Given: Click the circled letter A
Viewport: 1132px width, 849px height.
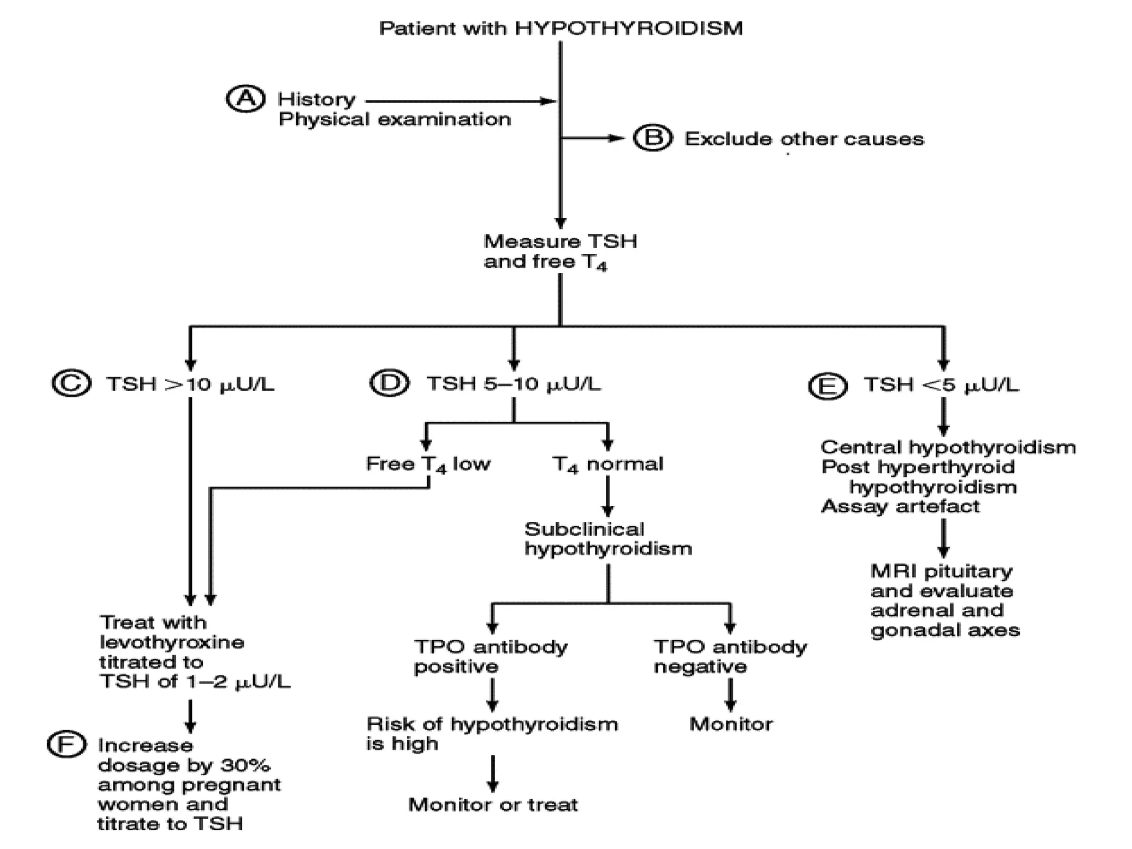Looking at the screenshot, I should (x=245, y=99).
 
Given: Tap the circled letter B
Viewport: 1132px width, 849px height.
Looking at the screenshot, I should (x=653, y=138).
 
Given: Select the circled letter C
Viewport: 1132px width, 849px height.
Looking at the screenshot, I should (x=71, y=384).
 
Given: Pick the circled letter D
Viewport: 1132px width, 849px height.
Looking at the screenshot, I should (x=390, y=383).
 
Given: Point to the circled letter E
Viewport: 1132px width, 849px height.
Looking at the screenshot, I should (x=827, y=386).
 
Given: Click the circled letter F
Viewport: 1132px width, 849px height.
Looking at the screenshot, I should (x=67, y=745).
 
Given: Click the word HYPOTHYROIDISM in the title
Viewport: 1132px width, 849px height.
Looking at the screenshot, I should (x=628, y=28).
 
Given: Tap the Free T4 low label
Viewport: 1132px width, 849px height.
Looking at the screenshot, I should (x=428, y=464).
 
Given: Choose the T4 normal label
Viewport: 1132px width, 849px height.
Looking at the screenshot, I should (x=607, y=464).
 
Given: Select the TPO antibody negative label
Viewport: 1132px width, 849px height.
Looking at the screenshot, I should (x=730, y=657).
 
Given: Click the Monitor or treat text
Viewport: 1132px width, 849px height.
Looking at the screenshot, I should (x=492, y=805).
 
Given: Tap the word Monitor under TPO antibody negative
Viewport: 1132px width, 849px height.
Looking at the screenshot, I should (x=731, y=724).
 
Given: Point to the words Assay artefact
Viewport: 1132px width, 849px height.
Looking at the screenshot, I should (x=900, y=506).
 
